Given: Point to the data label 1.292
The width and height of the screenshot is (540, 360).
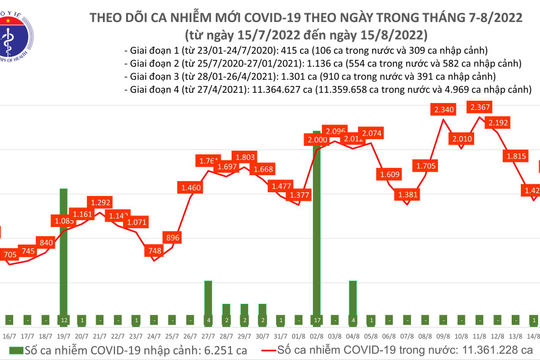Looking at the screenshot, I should click(x=101, y=202).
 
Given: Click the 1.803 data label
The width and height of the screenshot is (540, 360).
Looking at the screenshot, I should click(x=246, y=157).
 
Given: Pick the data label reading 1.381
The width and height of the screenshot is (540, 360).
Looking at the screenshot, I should click(x=405, y=196).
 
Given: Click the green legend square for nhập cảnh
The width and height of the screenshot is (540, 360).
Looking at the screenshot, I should click(x=8, y=353).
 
